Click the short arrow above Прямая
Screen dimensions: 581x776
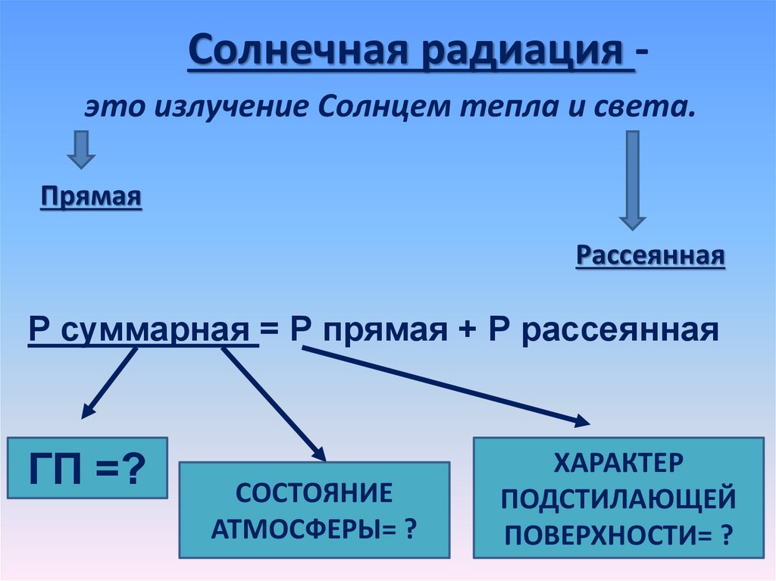pyautogui.click(x=81, y=149)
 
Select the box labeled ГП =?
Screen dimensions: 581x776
pyautogui.click(x=86, y=467)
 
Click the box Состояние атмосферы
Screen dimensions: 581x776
pyautogui.click(x=314, y=510)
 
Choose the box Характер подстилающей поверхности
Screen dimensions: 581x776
pyautogui.click(x=618, y=497)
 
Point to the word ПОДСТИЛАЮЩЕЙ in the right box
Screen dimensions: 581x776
pyautogui.click(x=618, y=497)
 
